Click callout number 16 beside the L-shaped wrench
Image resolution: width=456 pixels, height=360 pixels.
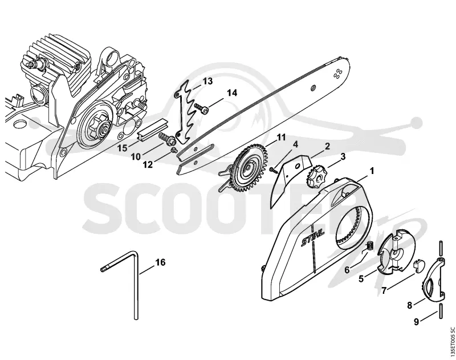160,262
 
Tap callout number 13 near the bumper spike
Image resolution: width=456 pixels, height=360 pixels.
207,81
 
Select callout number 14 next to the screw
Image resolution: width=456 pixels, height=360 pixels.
232,93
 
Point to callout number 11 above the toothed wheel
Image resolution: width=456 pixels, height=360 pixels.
281,137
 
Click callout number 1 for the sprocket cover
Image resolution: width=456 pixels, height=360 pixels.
371,171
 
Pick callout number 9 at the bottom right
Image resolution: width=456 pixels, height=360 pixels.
416,322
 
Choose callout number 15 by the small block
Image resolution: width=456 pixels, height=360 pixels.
123,148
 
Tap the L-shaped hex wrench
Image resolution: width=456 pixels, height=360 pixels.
136,291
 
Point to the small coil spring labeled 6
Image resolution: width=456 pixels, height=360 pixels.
369,246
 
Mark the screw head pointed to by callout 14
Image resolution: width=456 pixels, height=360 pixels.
205,110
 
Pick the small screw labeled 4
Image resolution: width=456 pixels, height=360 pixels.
274,170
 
